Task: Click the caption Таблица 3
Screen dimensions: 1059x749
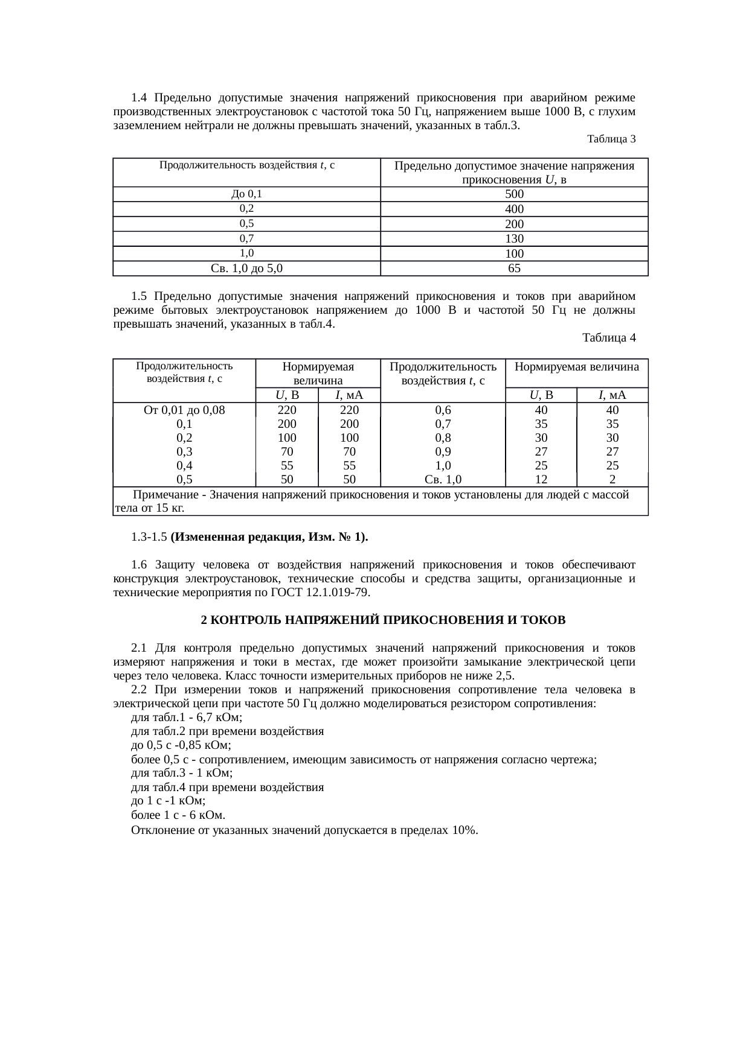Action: click(x=611, y=139)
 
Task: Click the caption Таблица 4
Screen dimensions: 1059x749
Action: click(x=608, y=338)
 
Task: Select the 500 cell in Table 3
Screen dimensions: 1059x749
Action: click(x=514, y=194)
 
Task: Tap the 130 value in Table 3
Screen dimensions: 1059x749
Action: click(x=514, y=238)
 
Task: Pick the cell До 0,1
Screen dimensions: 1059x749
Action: click(x=246, y=194)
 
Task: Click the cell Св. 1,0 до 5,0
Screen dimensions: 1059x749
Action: click(x=246, y=268)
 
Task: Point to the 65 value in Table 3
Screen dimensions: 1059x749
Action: click(x=514, y=268)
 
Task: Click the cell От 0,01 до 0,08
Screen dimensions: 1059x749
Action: click(x=184, y=410)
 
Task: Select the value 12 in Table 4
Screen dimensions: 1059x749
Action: click(x=541, y=480)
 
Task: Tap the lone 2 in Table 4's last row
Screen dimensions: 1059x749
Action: click(x=612, y=480)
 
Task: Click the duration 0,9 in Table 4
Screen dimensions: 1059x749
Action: click(x=443, y=452)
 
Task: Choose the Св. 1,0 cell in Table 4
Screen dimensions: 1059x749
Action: click(x=443, y=480)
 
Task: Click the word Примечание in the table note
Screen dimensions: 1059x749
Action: click(x=166, y=495)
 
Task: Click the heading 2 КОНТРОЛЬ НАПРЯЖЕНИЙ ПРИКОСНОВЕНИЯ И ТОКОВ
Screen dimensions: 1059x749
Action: click(x=383, y=620)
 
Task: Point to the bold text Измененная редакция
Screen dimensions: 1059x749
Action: click(x=234, y=537)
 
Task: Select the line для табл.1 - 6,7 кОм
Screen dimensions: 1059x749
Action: click(x=187, y=718)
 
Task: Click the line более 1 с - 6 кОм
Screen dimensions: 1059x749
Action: click(x=178, y=816)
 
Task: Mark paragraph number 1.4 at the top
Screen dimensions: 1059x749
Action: click(x=140, y=98)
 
